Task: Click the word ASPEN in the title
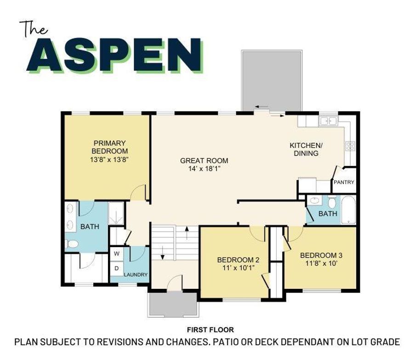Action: coord(115,55)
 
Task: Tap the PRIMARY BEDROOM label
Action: coord(109,147)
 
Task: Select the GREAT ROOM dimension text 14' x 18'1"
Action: coord(204,169)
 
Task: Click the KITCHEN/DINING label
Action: coord(306,149)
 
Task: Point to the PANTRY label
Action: coord(344,182)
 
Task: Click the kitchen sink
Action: coord(329,121)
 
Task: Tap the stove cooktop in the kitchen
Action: coord(350,146)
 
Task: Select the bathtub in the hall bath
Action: coord(348,209)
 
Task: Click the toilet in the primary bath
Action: coord(72,244)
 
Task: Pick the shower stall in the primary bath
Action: coord(116,213)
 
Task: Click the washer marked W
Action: coord(117,253)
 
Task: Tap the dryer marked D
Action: coord(117,268)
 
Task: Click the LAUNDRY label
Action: coord(136,275)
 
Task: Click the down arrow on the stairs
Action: coord(163,253)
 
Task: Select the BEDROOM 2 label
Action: coord(238,259)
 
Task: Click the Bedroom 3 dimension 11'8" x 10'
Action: coord(322,264)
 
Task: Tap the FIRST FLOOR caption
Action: coord(210,330)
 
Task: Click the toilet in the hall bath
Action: coord(332,202)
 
